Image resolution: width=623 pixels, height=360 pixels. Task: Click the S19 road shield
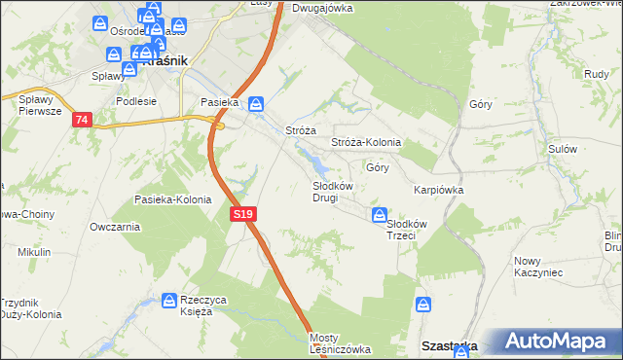(243, 213)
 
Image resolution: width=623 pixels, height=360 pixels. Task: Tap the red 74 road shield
(81, 119)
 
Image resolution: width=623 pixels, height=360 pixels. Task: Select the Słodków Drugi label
(325, 191)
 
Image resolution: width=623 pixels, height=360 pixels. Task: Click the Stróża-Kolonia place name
(366, 142)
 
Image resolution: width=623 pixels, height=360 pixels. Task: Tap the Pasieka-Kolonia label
(172, 199)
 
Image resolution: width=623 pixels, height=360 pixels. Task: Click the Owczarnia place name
(114, 227)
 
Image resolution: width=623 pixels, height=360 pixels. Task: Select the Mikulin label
(34, 252)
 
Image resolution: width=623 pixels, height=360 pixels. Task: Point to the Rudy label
(597, 73)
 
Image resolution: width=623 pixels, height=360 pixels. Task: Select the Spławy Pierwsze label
(40, 105)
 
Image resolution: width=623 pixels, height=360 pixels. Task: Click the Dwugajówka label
(321, 8)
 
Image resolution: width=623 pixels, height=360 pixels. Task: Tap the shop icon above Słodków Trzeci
(380, 215)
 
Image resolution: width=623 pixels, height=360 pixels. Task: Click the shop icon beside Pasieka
(255, 103)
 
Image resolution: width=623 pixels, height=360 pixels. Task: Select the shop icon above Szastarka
(423, 305)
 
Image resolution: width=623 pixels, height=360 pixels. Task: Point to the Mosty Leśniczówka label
(339, 343)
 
